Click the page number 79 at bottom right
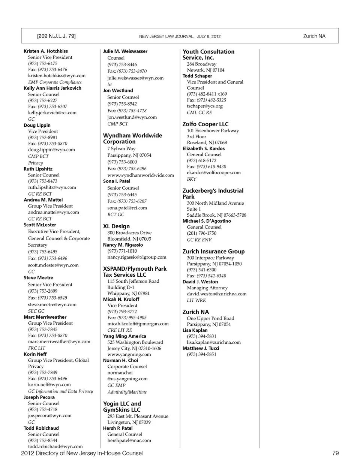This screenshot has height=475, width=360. (335, 453)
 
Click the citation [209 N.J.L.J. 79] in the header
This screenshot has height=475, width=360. (56, 36)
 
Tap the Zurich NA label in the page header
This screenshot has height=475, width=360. (314, 36)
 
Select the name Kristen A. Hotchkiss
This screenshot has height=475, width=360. (46, 51)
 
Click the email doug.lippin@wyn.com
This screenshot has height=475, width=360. (51, 150)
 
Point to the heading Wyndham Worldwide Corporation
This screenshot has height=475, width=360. (132, 138)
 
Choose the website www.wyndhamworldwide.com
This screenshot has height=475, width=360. (141, 175)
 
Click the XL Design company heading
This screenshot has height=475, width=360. (116, 226)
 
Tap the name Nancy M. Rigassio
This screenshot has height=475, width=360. (123, 245)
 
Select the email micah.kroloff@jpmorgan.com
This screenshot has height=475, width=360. (138, 324)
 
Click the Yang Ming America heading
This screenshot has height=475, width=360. (124, 336)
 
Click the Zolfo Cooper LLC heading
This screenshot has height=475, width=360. (205, 124)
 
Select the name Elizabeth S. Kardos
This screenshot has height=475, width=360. (204, 148)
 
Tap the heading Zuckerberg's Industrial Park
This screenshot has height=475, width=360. (213, 193)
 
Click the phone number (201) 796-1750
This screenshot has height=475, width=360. (201, 233)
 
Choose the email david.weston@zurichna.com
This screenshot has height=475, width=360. (217, 294)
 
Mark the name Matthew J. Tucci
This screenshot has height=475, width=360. (201, 348)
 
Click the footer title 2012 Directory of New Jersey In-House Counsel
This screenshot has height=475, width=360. (82, 453)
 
